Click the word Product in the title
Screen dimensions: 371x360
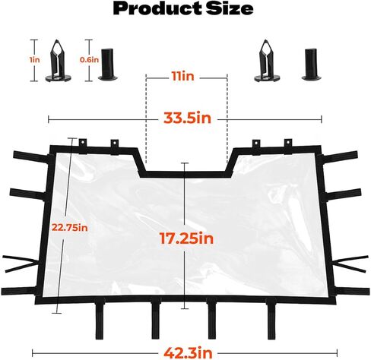(x=157, y=9)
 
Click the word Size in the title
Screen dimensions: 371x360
(x=230, y=8)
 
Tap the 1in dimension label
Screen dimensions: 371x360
(x=35, y=60)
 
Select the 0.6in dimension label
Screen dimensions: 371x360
(x=89, y=60)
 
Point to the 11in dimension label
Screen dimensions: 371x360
(x=183, y=77)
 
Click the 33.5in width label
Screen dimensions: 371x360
(x=187, y=118)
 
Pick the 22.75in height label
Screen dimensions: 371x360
(x=70, y=228)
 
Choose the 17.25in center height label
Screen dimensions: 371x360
(x=187, y=238)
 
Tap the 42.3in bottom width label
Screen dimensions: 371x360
(x=188, y=352)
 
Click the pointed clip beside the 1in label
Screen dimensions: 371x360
(x=58, y=62)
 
